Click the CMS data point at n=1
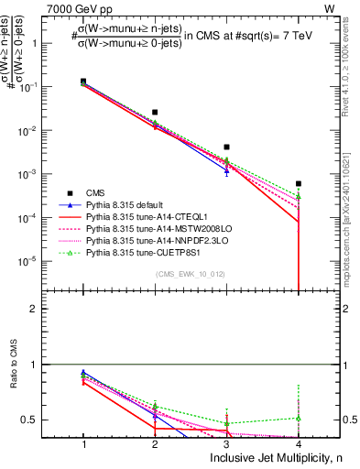(x=83, y=82)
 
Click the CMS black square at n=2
(x=155, y=113)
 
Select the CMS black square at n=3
(x=226, y=147)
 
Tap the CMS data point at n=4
(x=299, y=184)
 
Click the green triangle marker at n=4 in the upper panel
(x=299, y=197)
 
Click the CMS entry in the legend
(x=95, y=192)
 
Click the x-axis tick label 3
(x=226, y=443)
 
